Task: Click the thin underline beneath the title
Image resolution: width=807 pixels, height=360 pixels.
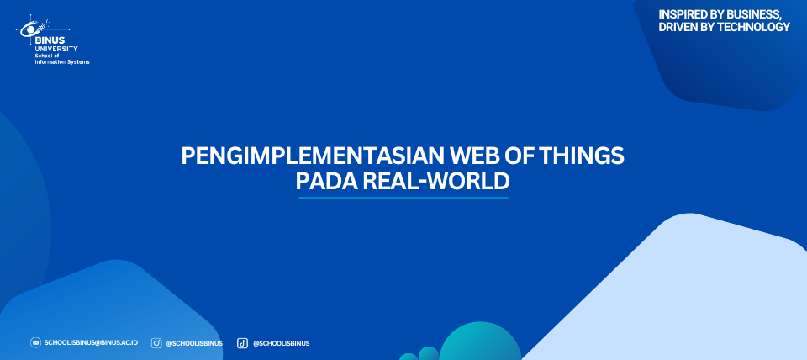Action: tap(403, 198)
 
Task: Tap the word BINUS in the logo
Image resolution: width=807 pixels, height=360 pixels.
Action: tap(50, 40)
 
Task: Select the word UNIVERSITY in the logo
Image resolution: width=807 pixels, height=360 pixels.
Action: tap(56, 49)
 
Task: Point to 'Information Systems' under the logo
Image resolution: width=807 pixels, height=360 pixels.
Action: tap(61, 61)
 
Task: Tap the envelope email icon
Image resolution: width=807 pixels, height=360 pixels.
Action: tap(35, 342)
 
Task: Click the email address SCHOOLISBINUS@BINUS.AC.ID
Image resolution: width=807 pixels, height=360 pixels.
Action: tap(91, 342)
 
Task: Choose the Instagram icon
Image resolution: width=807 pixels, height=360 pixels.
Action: tap(156, 343)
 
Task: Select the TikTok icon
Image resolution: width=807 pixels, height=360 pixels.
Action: tap(242, 343)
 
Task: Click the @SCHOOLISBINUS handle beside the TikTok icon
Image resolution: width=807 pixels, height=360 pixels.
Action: tap(281, 343)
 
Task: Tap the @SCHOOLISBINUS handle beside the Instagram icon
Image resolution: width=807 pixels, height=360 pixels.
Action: tap(194, 343)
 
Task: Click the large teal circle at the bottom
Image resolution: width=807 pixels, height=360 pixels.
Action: tap(480, 343)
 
